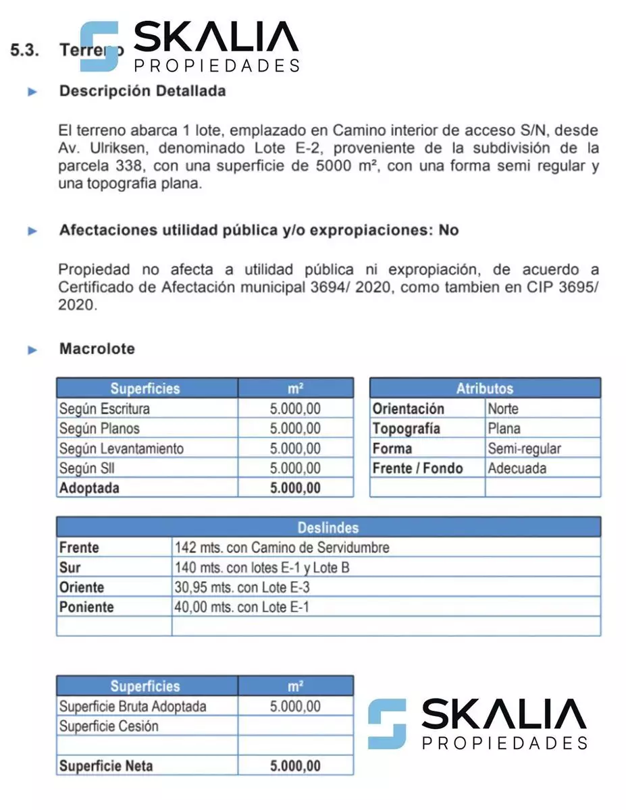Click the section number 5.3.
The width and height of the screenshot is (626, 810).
tap(28, 50)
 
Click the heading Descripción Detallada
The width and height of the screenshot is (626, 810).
tap(142, 91)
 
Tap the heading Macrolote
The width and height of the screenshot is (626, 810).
tap(97, 349)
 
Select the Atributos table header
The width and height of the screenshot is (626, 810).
tap(484, 388)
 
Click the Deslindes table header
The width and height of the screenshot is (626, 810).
tap(328, 528)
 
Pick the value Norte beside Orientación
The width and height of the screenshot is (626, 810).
tap(503, 408)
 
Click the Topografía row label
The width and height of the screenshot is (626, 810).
tap(407, 429)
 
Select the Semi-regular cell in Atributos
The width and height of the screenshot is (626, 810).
tap(524, 448)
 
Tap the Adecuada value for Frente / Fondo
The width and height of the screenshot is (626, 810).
tap(517, 468)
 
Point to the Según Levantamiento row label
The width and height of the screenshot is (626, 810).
tap(121, 448)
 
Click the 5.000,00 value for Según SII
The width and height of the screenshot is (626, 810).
tap(295, 468)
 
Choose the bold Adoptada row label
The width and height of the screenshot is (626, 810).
tap(89, 488)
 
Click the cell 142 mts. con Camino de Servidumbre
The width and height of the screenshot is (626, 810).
tap(282, 547)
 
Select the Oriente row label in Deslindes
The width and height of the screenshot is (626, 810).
tap(82, 587)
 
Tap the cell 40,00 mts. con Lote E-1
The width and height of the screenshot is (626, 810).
tap(241, 607)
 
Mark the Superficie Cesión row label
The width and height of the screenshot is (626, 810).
tap(109, 726)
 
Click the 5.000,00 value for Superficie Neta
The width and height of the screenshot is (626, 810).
tap(295, 766)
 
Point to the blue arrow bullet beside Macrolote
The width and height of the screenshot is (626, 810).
tap(32, 350)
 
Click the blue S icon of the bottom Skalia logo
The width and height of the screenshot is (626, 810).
tap(387, 724)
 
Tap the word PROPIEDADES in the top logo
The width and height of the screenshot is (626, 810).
tap(217, 65)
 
